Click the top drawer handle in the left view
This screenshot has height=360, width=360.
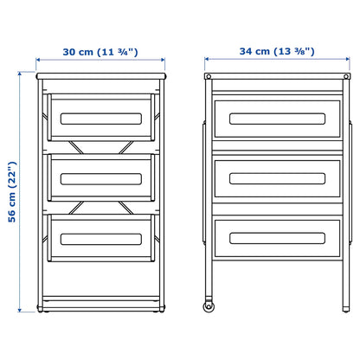[x=100, y=119]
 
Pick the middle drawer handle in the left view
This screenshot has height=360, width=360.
[x=100, y=179]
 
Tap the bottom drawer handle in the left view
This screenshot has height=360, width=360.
[x=100, y=238]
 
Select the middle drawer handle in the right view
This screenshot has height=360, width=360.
[x=269, y=177]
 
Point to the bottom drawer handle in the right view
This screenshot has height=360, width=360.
[x=269, y=235]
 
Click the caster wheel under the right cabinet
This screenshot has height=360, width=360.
[x=209, y=307]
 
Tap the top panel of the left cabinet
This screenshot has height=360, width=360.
[x=100, y=77]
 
